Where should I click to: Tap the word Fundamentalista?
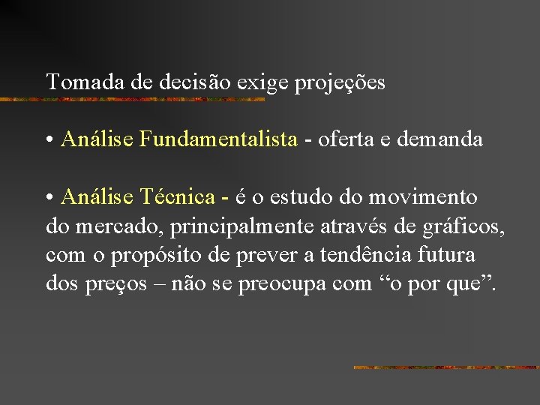pos(218,139)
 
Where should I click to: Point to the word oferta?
pos(344,139)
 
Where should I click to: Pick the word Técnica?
pos(177,196)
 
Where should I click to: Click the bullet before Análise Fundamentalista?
pos(49,139)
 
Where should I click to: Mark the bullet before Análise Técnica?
pos(49,197)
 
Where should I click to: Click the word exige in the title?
pos(257,82)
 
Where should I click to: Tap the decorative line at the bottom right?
pos(445,367)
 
